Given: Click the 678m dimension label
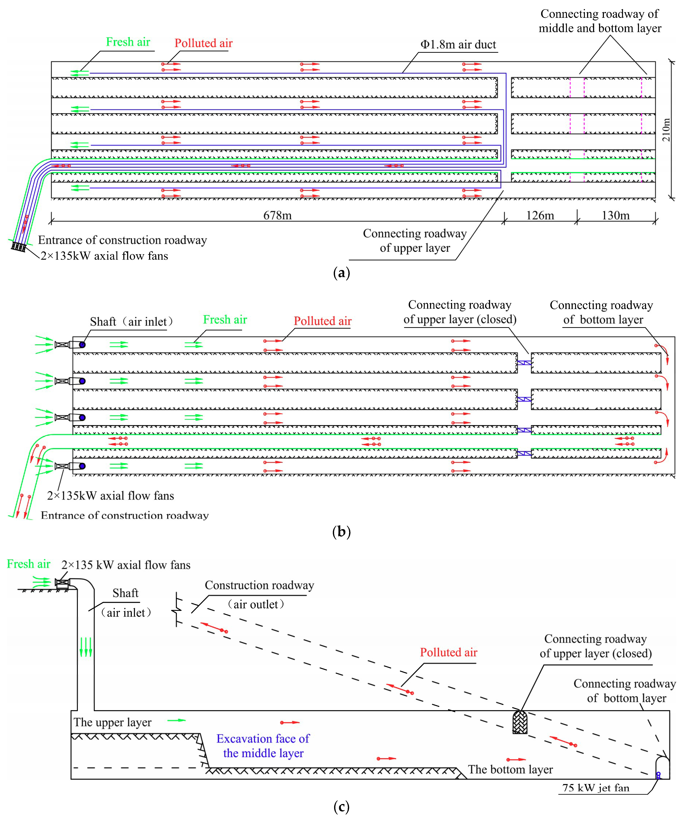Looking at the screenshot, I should point(277,215).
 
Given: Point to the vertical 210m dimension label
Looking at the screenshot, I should point(666,130).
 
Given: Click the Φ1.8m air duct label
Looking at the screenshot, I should point(458,44).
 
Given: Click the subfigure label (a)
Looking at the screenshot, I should point(342,273).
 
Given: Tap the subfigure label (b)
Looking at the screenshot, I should point(342,532).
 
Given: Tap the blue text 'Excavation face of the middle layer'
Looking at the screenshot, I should point(263,746).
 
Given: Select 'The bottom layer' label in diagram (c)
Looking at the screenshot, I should point(510,769).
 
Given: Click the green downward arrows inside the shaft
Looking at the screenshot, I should point(86,647).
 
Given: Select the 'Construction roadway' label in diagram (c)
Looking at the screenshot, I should point(259,585).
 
